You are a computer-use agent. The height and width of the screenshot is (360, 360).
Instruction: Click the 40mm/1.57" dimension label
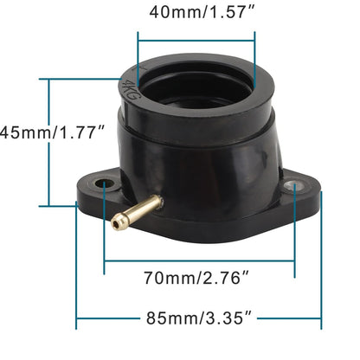click(x=196, y=13)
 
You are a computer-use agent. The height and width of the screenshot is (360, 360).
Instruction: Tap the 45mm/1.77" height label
click(x=52, y=132)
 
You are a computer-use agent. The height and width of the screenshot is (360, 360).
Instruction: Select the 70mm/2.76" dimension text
click(x=199, y=278)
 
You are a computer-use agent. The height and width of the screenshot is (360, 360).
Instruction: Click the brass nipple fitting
click(x=137, y=209)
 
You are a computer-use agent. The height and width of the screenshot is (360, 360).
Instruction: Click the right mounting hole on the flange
click(x=291, y=185)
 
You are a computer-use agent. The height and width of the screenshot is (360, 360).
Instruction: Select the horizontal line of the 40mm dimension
click(x=196, y=37)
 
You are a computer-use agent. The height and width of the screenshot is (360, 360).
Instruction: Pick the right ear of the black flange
click(x=299, y=192)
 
